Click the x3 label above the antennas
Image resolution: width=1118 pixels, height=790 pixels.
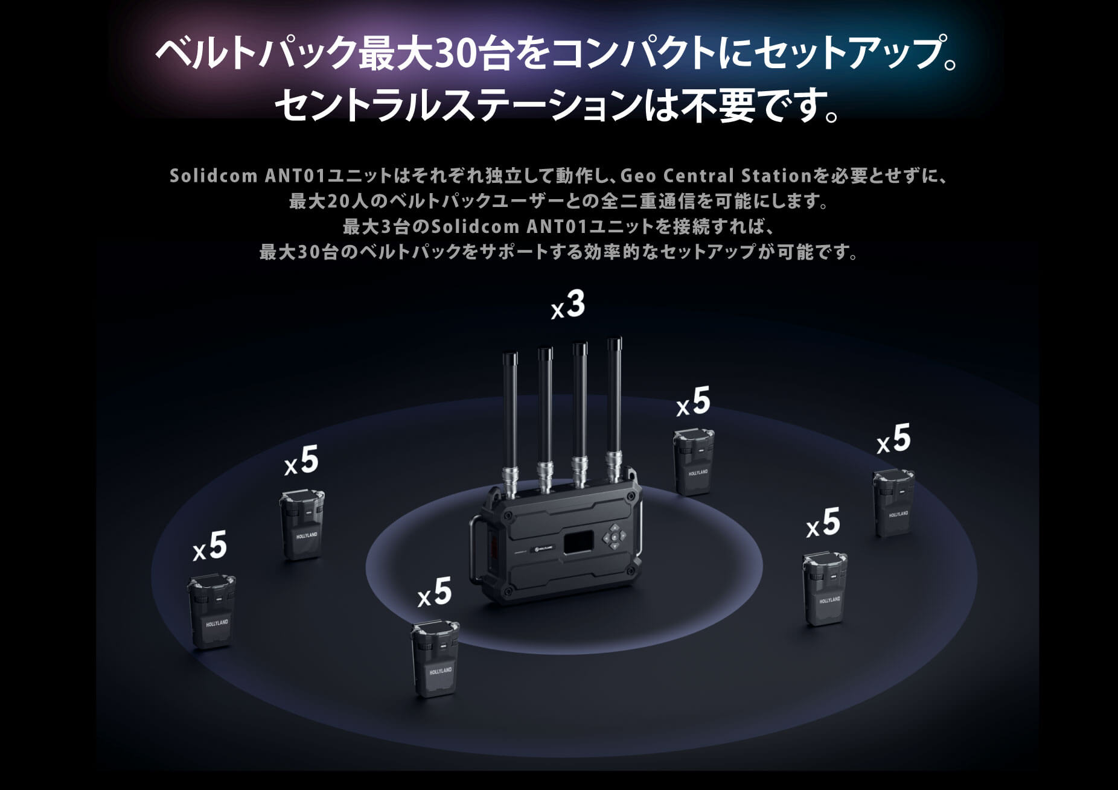click(569, 305)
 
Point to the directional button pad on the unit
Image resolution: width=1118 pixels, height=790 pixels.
click(615, 536)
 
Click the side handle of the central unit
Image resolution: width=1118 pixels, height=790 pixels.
click(476, 549)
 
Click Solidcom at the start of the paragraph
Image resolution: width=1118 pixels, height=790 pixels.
click(214, 176)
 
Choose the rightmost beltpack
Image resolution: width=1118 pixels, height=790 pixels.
click(894, 503)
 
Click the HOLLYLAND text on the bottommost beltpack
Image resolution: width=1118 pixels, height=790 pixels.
click(440, 671)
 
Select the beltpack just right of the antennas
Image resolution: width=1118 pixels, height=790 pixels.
click(694, 462)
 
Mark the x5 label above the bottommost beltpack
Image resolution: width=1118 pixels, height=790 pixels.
click(435, 592)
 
